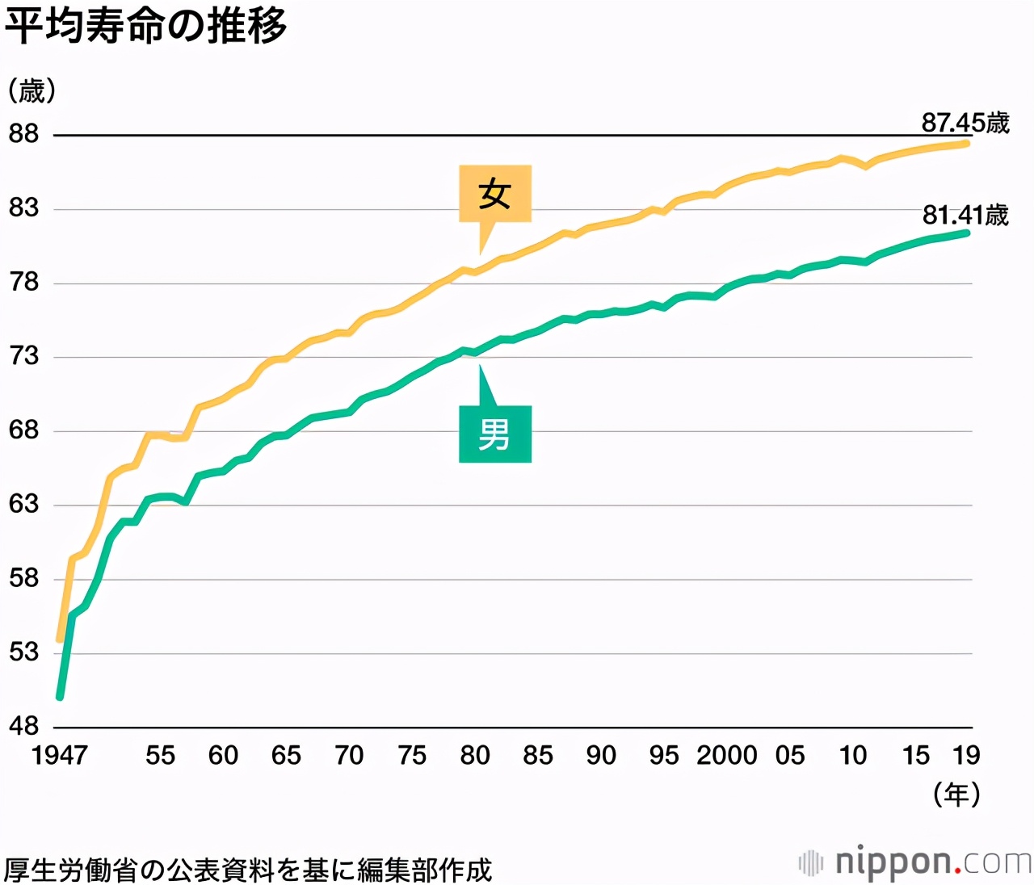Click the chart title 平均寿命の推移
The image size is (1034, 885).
coord(145,26)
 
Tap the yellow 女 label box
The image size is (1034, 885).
coord(494,194)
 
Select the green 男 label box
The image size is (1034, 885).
coord(494,434)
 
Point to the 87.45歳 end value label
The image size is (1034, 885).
coord(965,123)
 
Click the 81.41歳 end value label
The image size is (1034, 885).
coord(965,215)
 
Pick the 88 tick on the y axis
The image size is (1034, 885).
coord(24,133)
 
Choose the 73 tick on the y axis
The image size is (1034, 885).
coord(24,355)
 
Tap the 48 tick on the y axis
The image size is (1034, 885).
coord(24,726)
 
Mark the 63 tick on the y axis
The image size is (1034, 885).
coord(24,504)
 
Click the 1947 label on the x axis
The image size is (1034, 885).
coord(59,755)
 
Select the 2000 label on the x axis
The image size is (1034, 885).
coord(726,755)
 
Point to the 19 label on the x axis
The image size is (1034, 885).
coord(966,755)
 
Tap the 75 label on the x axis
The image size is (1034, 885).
coord(412,755)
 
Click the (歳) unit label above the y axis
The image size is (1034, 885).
coord(32,90)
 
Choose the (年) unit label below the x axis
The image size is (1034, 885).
coord(956,795)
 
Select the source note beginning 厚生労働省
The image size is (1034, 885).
coord(247,870)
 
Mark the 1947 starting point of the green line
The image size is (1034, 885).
coord(60,696)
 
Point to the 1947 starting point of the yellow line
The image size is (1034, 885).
coord(60,640)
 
